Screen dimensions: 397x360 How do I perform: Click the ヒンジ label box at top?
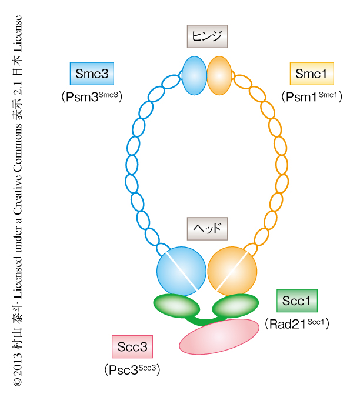click(206, 36)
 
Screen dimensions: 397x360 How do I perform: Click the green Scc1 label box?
click(296, 301)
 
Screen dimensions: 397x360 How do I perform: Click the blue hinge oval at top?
click(194, 76)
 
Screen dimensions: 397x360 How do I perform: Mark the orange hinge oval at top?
click(219, 76)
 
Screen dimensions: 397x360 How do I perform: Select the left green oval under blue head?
click(176, 306)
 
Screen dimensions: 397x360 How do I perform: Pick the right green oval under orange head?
click(235, 306)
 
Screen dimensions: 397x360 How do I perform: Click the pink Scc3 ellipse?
click(219, 337)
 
